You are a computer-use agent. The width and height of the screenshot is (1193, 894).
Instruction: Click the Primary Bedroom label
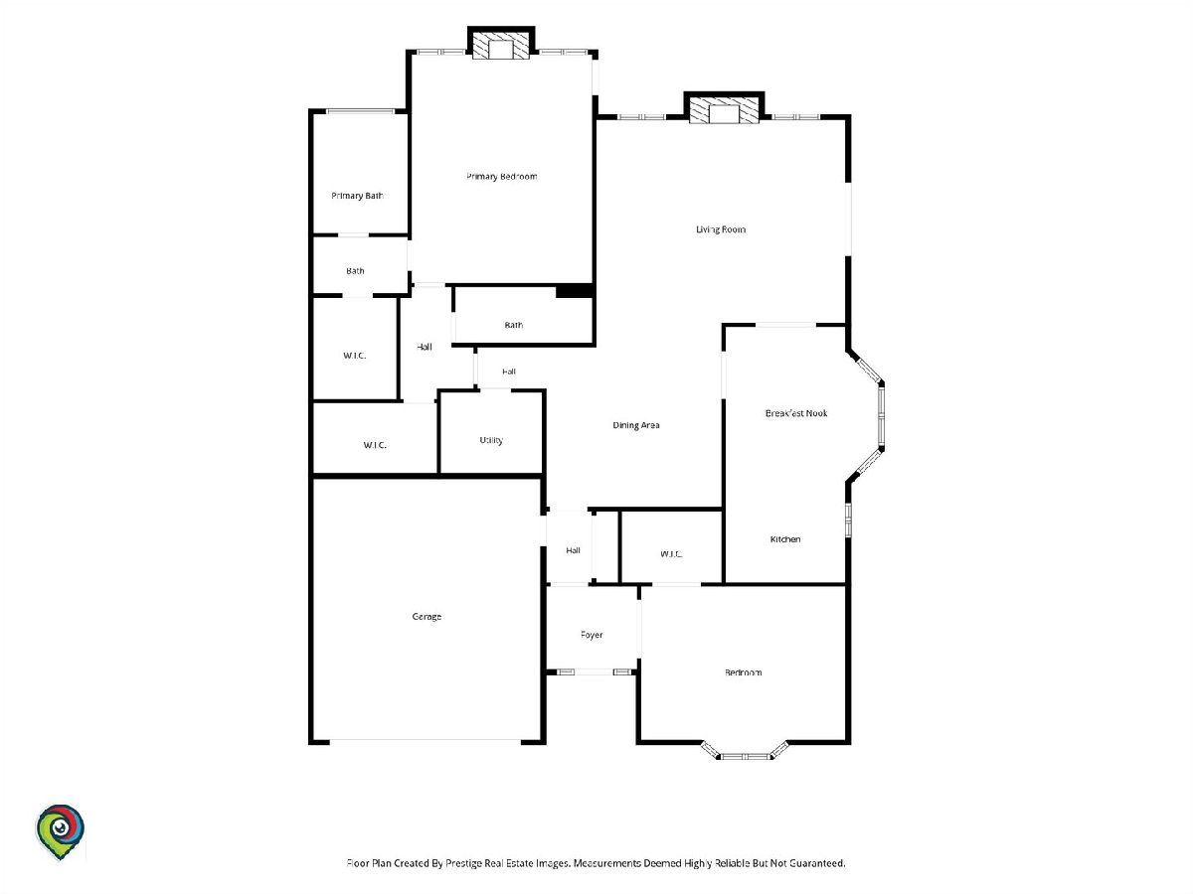pos(502,177)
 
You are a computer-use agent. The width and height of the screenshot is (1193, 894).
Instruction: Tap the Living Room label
pos(721,229)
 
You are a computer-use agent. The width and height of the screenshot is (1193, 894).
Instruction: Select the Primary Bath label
pos(357,196)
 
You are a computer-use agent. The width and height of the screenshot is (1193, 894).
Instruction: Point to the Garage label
pos(426,617)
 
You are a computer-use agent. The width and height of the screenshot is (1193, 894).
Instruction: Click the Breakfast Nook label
pos(796,413)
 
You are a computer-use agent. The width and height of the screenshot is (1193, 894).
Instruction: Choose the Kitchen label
pos(785,539)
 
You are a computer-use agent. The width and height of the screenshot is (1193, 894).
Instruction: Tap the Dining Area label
pos(636,425)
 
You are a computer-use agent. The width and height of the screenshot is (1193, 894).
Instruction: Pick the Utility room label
pos(491,440)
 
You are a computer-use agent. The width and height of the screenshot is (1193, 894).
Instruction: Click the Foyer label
pos(592,635)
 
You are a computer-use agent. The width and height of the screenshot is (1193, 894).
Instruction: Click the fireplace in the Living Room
pos(724,108)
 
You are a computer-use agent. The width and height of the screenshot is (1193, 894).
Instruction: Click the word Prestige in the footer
pos(464,863)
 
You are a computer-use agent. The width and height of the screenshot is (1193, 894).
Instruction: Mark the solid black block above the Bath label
pos(574,291)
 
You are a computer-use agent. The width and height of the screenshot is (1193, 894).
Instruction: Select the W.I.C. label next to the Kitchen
pos(671,554)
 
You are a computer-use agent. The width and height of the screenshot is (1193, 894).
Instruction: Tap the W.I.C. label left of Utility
pos(375,445)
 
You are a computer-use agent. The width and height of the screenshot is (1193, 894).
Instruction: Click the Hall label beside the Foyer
pos(573,550)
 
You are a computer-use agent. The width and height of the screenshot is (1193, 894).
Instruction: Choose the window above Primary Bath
pos(360,111)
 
